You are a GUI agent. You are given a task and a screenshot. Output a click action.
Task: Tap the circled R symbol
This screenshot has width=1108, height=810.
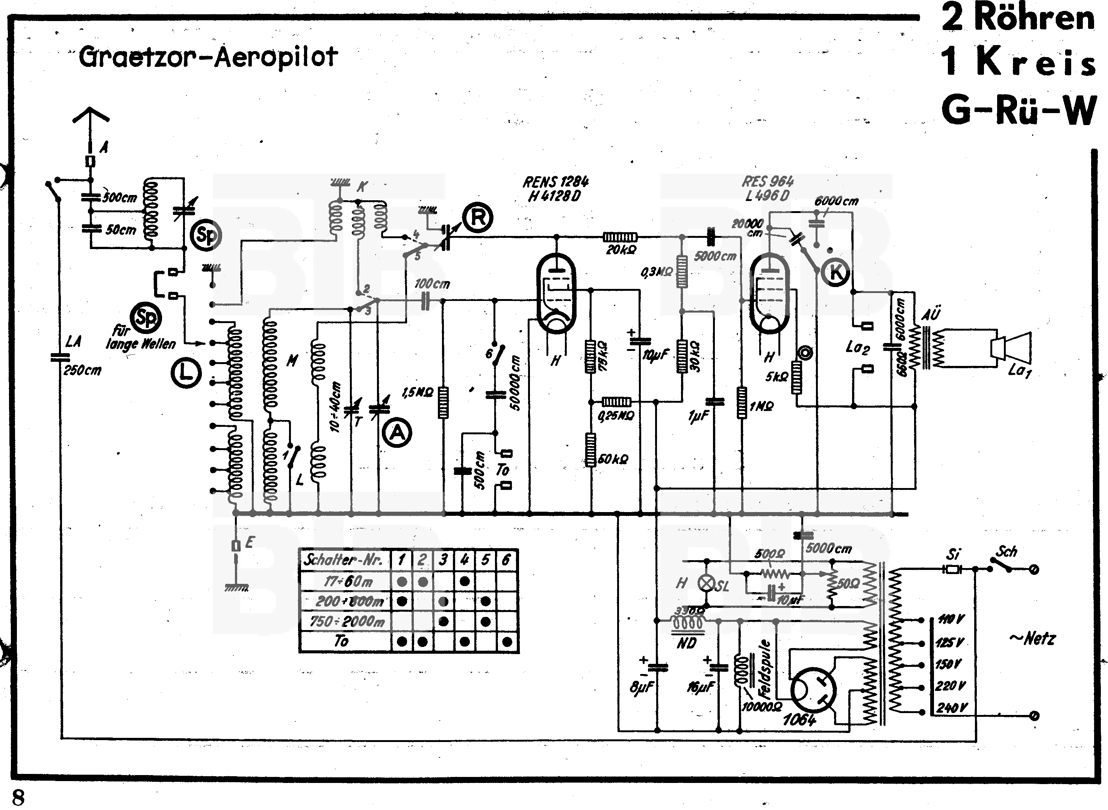478,217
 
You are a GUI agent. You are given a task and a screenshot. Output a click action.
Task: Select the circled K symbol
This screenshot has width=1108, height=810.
836,272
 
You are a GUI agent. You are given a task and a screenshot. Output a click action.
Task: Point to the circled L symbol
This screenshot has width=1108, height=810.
186,373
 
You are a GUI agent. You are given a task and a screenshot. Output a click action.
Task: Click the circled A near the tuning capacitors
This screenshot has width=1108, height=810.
397,433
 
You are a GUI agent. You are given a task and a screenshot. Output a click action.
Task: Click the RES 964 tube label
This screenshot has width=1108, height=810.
767,181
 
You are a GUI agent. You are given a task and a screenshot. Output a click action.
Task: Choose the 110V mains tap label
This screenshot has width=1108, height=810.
951,619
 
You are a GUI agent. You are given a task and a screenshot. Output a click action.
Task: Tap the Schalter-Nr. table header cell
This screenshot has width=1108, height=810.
344,560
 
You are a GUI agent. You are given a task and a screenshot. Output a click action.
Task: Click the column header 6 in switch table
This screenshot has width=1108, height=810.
506,560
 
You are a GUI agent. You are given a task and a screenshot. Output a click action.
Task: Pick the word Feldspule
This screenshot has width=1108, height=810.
764,669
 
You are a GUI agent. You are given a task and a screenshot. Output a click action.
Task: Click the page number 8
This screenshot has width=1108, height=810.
18,798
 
